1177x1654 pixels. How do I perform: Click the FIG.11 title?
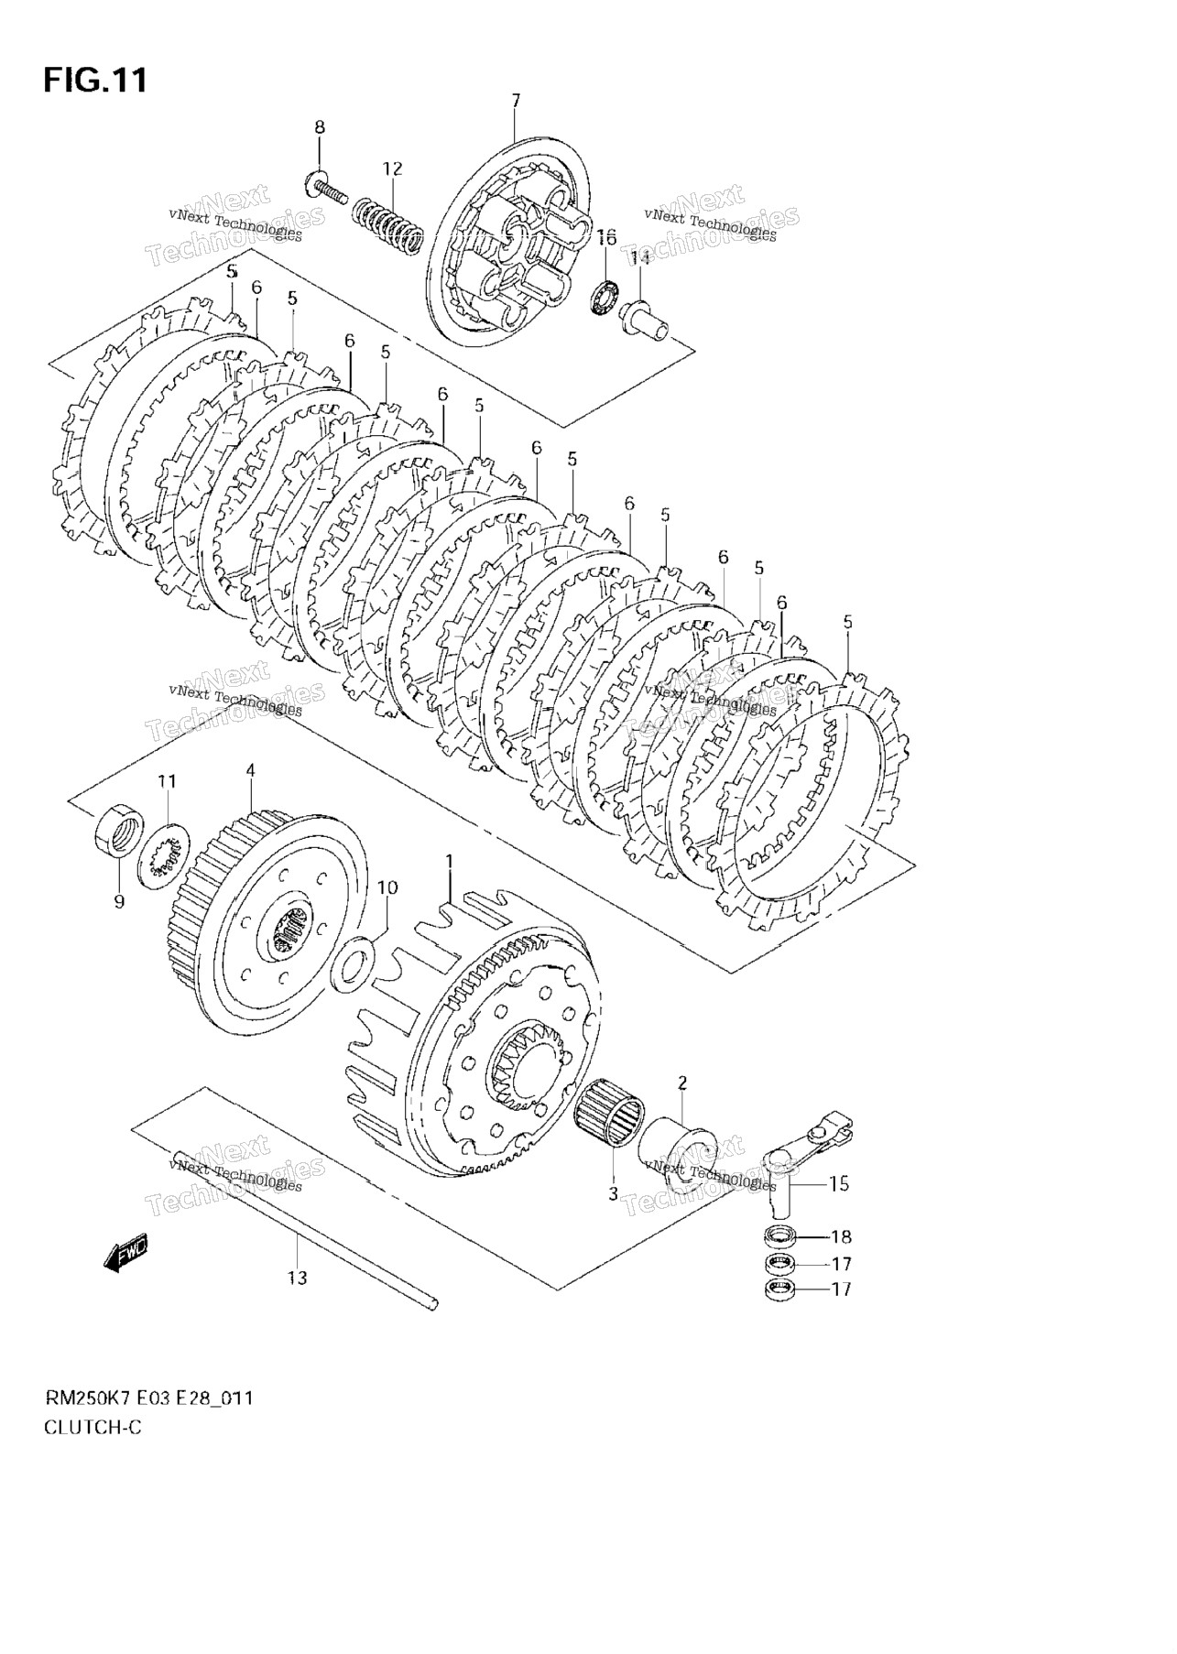coord(94,81)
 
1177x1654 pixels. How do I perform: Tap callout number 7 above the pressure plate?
coord(516,100)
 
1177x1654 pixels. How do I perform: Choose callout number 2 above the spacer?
coord(681,1083)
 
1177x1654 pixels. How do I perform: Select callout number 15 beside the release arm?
coord(839,1183)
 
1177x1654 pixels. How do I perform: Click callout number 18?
coord(841,1237)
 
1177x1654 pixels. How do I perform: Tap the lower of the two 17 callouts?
coord(841,1289)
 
